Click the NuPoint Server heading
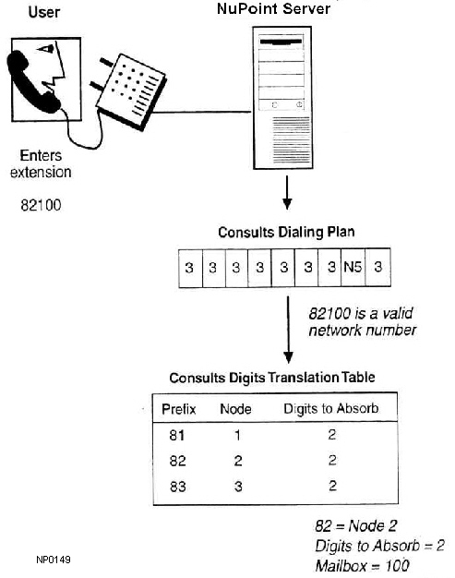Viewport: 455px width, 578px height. click(x=273, y=8)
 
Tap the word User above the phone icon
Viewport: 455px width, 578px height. click(x=44, y=12)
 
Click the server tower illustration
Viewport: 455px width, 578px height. click(x=282, y=98)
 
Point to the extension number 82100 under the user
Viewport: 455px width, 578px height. click(x=41, y=205)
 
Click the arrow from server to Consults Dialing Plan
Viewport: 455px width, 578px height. click(x=287, y=192)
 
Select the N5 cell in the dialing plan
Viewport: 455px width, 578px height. click(x=353, y=267)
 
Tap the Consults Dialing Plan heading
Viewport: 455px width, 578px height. click(x=286, y=233)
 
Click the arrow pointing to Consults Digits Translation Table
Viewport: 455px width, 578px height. click(x=288, y=330)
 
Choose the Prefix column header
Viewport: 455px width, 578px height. click(x=179, y=409)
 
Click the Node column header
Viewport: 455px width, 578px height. click(x=235, y=409)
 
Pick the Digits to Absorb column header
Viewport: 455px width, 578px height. click(x=330, y=408)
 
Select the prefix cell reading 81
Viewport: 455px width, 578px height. click(x=177, y=435)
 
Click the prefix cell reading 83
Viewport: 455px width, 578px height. click(x=177, y=487)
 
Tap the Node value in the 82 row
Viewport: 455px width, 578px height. click(x=238, y=461)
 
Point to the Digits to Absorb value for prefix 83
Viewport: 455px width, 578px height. click(x=332, y=486)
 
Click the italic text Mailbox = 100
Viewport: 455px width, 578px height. click(x=362, y=566)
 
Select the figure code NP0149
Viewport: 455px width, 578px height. click(x=54, y=560)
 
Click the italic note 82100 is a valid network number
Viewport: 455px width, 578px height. click(x=363, y=322)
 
